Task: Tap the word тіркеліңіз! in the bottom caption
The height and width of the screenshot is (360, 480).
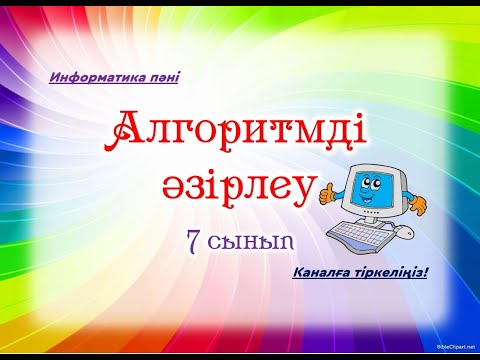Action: point(391,272)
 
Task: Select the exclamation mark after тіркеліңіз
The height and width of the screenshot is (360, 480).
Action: point(425,272)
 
